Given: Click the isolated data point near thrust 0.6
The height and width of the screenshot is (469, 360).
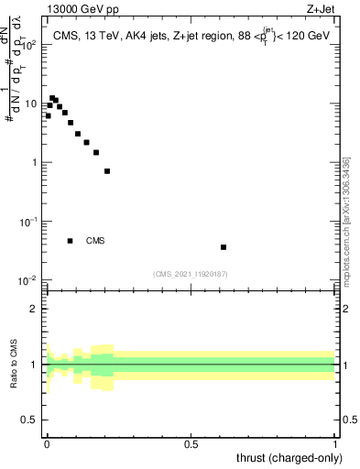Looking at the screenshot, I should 224,247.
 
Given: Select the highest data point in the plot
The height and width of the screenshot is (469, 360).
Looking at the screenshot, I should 52,97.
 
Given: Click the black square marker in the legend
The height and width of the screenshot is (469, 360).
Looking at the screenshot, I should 70,241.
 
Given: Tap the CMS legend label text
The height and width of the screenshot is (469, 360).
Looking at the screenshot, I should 95,241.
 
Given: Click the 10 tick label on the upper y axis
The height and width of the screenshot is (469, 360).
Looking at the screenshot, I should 33,104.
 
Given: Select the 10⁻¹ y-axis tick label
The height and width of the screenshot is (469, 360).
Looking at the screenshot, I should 30,222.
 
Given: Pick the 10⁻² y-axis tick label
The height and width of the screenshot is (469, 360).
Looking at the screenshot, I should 30,280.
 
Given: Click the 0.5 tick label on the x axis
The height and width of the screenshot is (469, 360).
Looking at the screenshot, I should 191,444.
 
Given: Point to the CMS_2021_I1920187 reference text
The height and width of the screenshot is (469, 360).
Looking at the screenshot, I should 191,272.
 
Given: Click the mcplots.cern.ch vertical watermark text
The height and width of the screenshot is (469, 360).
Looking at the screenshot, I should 346,224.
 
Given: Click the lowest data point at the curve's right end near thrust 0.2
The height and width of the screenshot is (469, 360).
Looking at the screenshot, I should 107,171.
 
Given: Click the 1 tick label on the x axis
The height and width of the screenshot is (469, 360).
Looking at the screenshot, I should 335,444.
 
